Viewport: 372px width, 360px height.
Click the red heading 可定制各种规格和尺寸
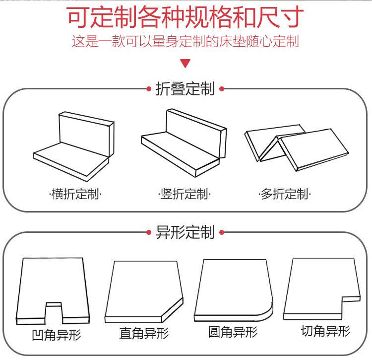coord(185,18)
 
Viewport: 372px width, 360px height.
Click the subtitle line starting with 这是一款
coord(185,41)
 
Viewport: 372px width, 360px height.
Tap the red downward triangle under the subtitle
coord(186,63)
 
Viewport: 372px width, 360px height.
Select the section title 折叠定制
coord(185,89)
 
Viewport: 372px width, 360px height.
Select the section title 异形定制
coord(185,232)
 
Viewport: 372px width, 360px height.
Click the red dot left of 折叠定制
coord(149,89)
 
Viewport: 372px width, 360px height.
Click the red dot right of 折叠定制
coord(222,89)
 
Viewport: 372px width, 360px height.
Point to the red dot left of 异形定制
coord(149,232)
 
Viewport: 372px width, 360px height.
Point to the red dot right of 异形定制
coord(222,232)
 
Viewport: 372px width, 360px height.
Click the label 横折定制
coord(75,194)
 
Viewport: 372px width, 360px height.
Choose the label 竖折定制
coord(185,194)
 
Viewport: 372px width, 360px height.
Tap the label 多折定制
coord(285,194)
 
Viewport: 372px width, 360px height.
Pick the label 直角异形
coord(144,333)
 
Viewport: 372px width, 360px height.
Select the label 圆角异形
coord(233,331)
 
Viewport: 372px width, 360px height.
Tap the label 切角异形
coord(325,330)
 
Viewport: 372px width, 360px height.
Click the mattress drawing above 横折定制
coord(74,146)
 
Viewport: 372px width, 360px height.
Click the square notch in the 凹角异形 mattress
coord(54,311)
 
